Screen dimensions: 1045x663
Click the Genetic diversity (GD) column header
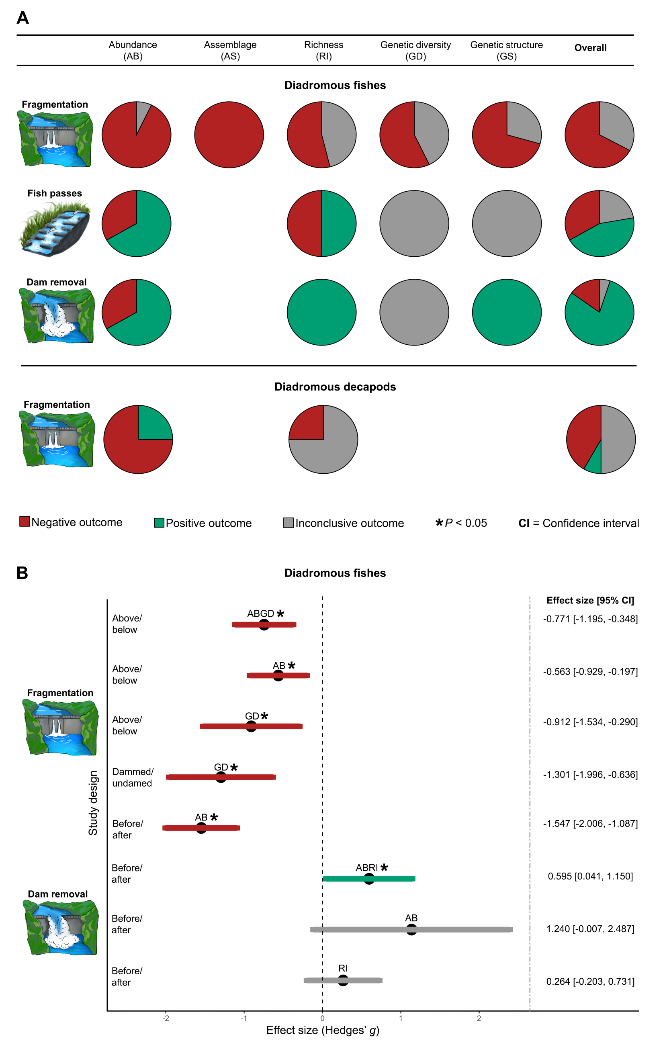(x=415, y=50)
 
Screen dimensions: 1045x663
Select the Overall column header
(x=590, y=48)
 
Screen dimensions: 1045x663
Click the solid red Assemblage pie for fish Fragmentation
(x=229, y=135)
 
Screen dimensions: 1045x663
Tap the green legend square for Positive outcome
(x=159, y=522)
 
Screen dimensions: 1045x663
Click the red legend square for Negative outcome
(x=24, y=521)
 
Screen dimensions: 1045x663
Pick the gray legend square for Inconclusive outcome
(x=288, y=522)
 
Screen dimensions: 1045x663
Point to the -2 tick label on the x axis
(x=165, y=1018)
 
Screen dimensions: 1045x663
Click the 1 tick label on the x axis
(x=401, y=1018)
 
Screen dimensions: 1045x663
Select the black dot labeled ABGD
(x=264, y=624)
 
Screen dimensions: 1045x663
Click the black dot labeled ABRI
(x=369, y=879)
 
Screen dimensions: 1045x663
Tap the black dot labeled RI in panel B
(x=343, y=980)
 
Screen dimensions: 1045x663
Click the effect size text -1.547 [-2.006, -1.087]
(x=590, y=823)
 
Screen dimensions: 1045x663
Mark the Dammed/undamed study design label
(x=132, y=777)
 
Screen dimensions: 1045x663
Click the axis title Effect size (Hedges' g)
(x=322, y=1030)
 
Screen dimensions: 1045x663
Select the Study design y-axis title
(x=93, y=803)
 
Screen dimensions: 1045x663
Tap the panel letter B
(x=22, y=573)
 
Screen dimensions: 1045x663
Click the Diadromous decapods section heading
(x=335, y=387)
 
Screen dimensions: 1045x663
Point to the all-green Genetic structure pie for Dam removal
(x=506, y=312)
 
